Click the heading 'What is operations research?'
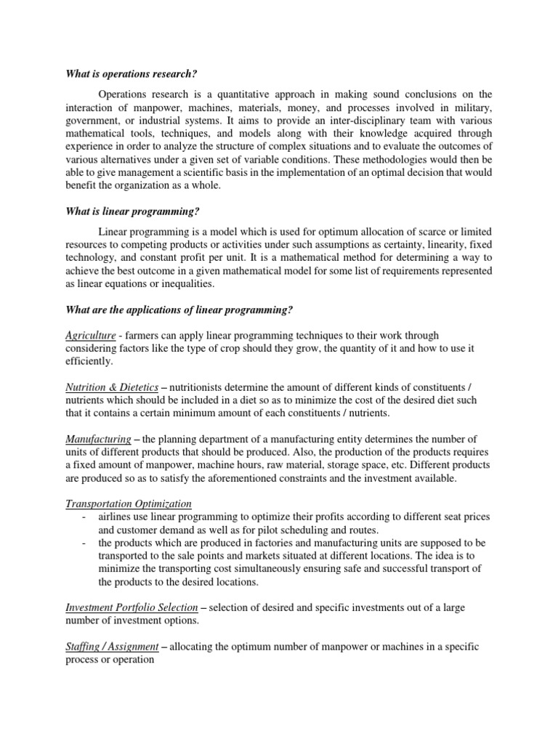point(132,73)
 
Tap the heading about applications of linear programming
point(179,310)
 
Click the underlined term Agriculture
point(91,335)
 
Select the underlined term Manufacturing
point(98,439)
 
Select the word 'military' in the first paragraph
point(474,108)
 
